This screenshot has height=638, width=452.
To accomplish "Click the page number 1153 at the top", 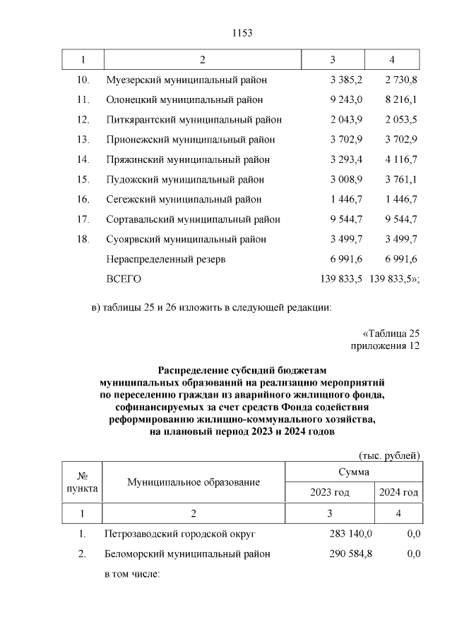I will point(242,33).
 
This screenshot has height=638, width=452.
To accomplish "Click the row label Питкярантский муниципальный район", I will point(194,120).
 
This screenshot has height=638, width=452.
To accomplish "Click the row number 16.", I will point(83,200).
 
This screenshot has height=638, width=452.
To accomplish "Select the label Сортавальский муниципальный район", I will point(193,219).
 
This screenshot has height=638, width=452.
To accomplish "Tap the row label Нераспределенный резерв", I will point(166,259).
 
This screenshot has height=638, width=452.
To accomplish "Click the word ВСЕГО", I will point(124,279).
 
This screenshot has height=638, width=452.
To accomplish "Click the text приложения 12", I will point(385,346).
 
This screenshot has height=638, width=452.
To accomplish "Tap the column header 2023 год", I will point(329,492).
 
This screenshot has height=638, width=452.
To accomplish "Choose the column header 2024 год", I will point(398,492).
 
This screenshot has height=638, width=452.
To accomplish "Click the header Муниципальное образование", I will point(194,482).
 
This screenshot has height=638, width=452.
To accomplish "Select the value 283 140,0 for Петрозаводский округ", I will point(351,534).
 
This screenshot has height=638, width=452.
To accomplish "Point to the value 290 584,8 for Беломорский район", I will point(351,554).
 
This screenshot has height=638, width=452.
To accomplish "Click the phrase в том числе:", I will point(133,574).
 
